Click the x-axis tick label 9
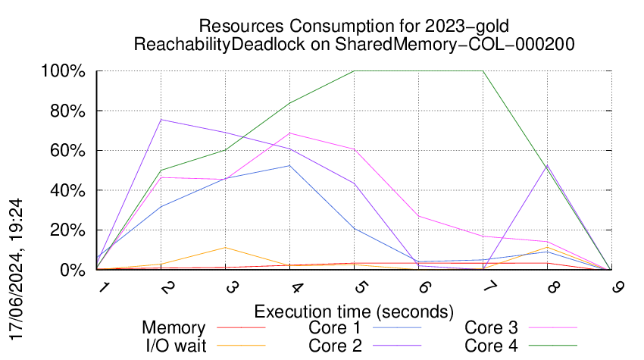point(611,287)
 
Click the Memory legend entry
point(174,328)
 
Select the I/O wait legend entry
point(174,346)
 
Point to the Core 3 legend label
point(491,328)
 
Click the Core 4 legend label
point(491,346)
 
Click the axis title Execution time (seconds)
point(354,311)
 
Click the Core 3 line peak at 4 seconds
point(290,133)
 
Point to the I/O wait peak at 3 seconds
point(226,247)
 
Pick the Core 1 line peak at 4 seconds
point(290,165)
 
